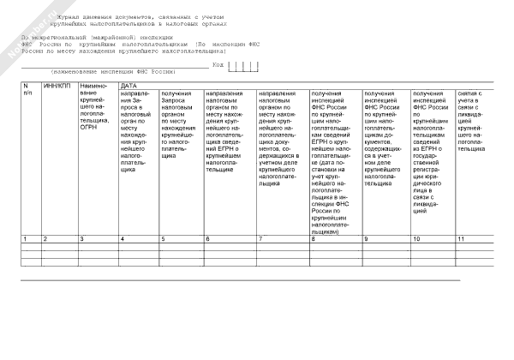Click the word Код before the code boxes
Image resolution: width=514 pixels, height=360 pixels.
pos(218,64)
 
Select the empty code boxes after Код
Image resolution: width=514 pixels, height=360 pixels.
pos(242,65)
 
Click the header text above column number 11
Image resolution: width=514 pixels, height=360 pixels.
pos(474,120)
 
